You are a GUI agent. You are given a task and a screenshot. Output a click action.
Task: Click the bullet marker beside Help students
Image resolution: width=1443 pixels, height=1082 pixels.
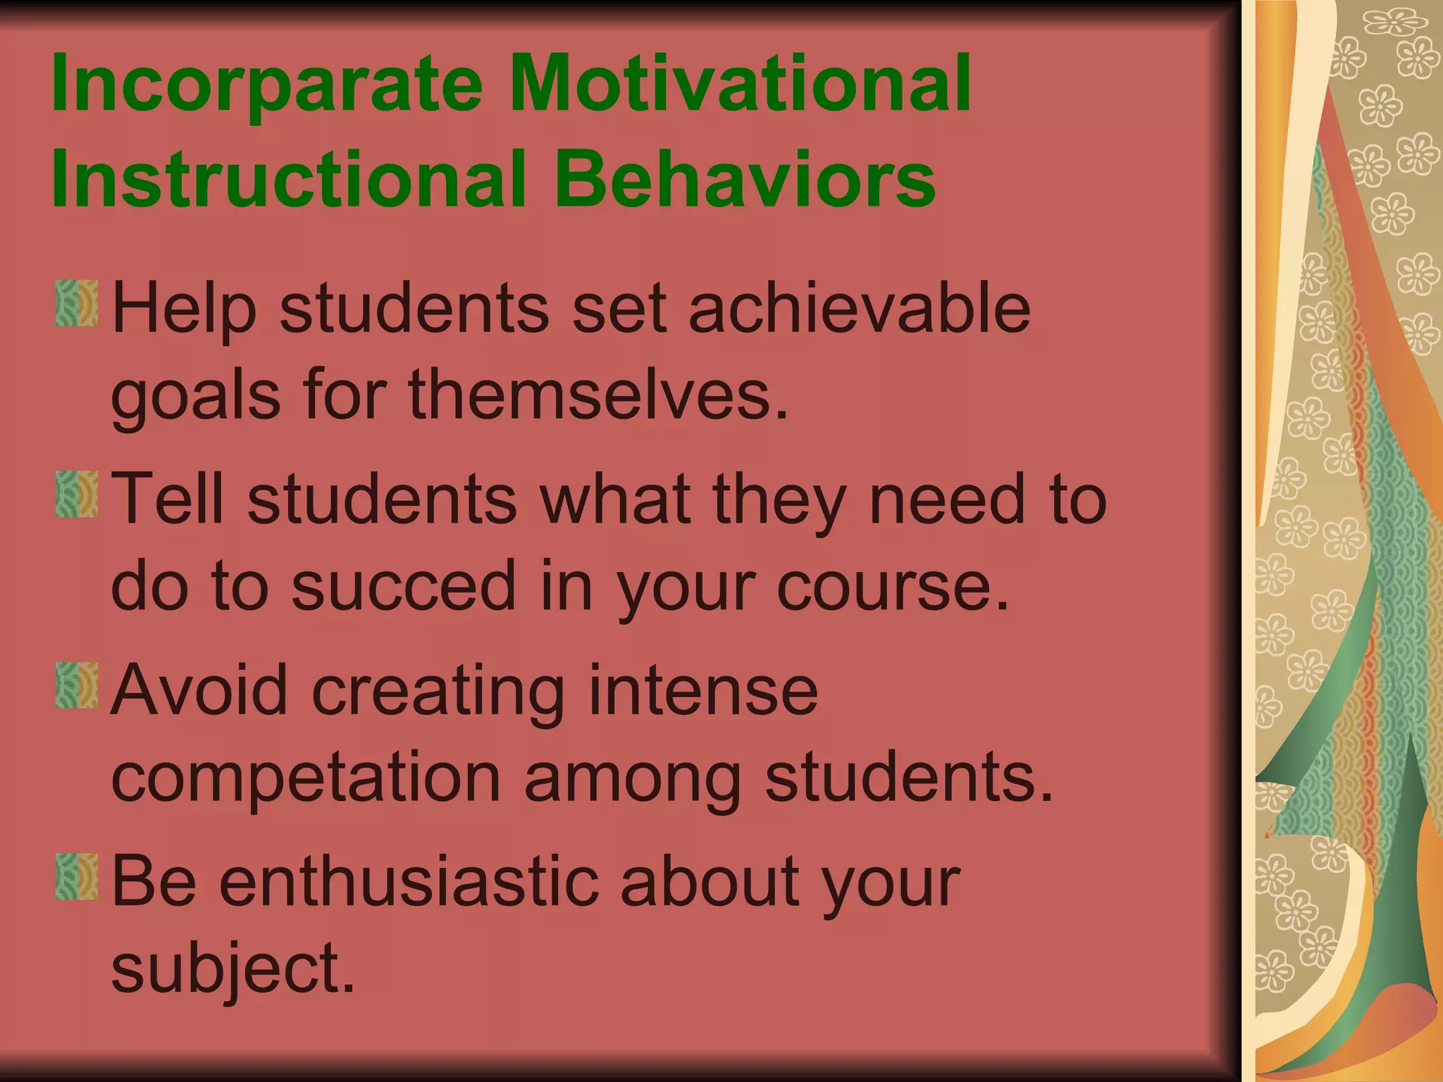[x=76, y=303]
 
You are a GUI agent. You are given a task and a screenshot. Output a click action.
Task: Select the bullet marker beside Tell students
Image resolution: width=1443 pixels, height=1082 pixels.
[x=76, y=494]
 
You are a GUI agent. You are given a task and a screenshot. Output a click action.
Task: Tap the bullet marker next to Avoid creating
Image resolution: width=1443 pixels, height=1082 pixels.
[x=76, y=685]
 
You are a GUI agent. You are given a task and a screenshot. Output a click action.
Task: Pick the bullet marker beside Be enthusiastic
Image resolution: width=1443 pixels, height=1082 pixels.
[x=76, y=876]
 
